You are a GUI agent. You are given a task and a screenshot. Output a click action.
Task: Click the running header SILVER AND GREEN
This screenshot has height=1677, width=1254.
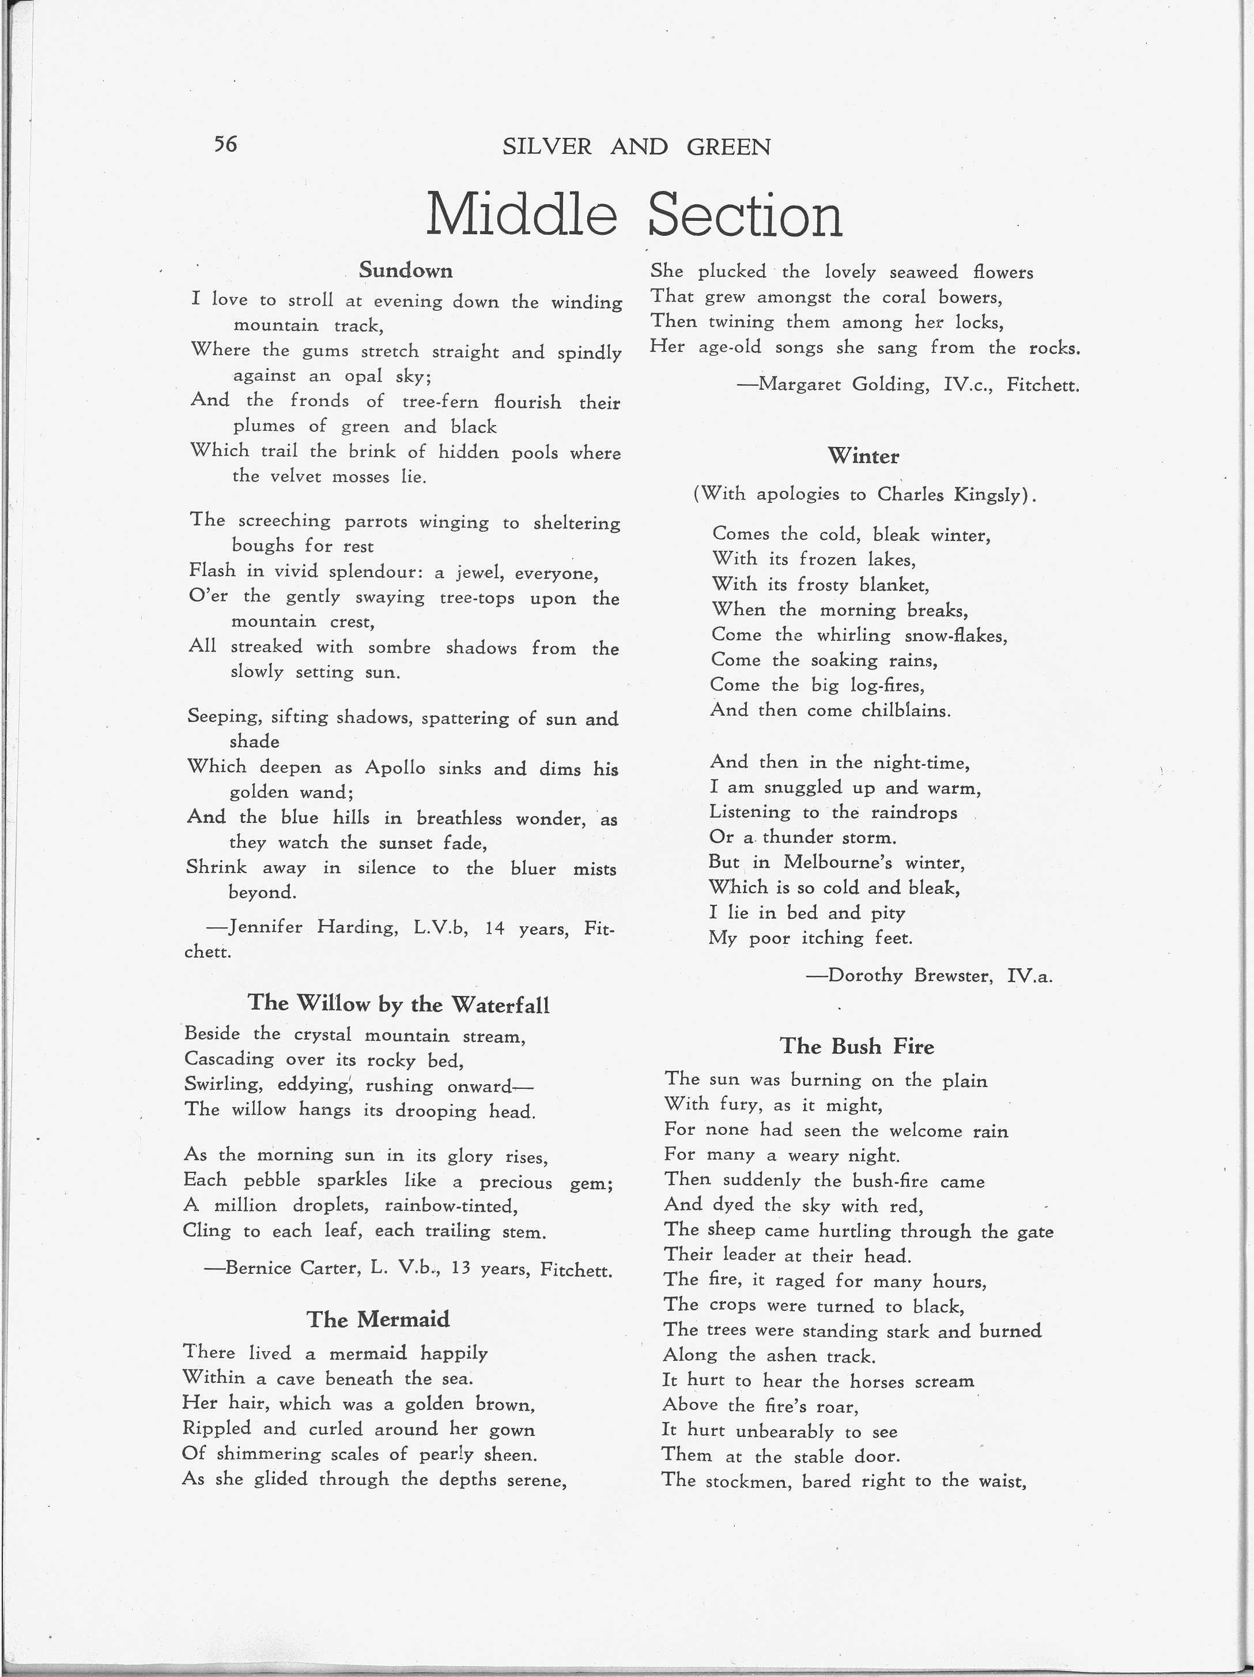click(x=636, y=146)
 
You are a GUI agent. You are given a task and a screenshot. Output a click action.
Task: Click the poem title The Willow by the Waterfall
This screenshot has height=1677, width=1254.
click(x=399, y=1004)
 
